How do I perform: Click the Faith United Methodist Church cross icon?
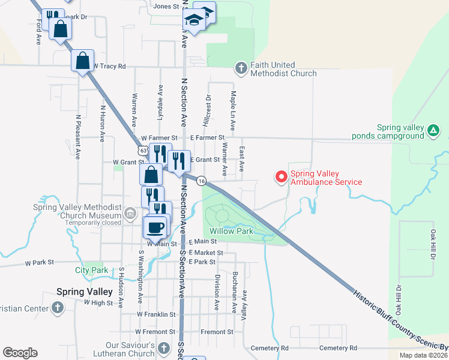click(x=241, y=68)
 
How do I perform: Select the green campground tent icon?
click(x=433, y=130)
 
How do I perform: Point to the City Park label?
click(x=92, y=271)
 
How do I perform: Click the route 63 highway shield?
click(x=140, y=149)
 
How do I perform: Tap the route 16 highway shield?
click(x=202, y=181)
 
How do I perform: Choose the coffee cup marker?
click(x=155, y=227)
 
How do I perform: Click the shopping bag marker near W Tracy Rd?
click(x=83, y=61)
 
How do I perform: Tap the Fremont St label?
click(x=217, y=332)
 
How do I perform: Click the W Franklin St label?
click(x=156, y=314)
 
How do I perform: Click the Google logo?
click(x=20, y=353)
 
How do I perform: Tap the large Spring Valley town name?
click(x=84, y=292)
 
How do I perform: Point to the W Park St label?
click(x=39, y=263)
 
